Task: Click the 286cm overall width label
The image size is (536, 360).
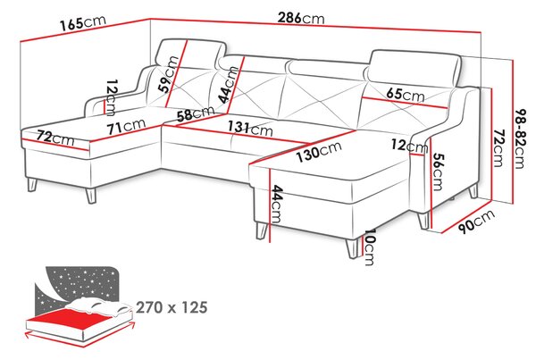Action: coord(301,18)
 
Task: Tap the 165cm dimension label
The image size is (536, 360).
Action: coord(83,22)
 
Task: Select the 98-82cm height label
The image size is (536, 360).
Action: coord(519,138)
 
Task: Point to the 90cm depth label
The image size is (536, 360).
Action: coord(476,222)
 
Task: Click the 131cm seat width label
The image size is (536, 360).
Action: coord(250,128)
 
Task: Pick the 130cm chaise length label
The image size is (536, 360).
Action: coord(319,152)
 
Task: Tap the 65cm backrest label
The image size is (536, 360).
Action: coord(406,95)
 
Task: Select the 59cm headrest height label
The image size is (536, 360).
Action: coord(169,74)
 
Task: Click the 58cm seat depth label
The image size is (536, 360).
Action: coord(196,113)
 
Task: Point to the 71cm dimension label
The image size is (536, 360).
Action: coord(126,126)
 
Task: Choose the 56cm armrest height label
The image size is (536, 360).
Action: coord(437,172)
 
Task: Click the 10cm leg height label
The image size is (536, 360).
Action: coord(370,247)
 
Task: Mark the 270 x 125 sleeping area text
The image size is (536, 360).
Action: coord(172,307)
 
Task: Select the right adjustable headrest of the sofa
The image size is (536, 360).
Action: coord(415,68)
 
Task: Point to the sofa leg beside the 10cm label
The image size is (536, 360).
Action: coord(353,247)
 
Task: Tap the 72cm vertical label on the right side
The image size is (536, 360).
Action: coord(498,147)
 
